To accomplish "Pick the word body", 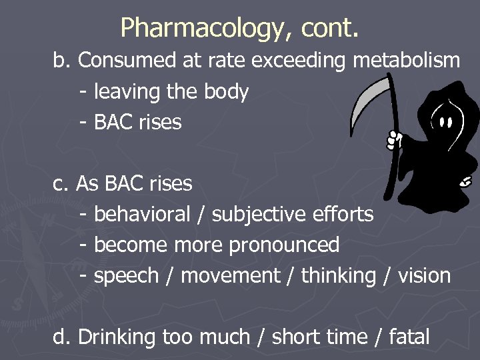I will pyautogui.click(x=226, y=92).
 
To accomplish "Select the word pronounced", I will pyautogui.click(x=285, y=245).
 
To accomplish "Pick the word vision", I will pyautogui.click(x=425, y=275).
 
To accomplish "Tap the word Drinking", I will pyautogui.click(x=117, y=337).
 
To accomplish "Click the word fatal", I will pyautogui.click(x=408, y=337).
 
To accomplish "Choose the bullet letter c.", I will pyautogui.click(x=59, y=183).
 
